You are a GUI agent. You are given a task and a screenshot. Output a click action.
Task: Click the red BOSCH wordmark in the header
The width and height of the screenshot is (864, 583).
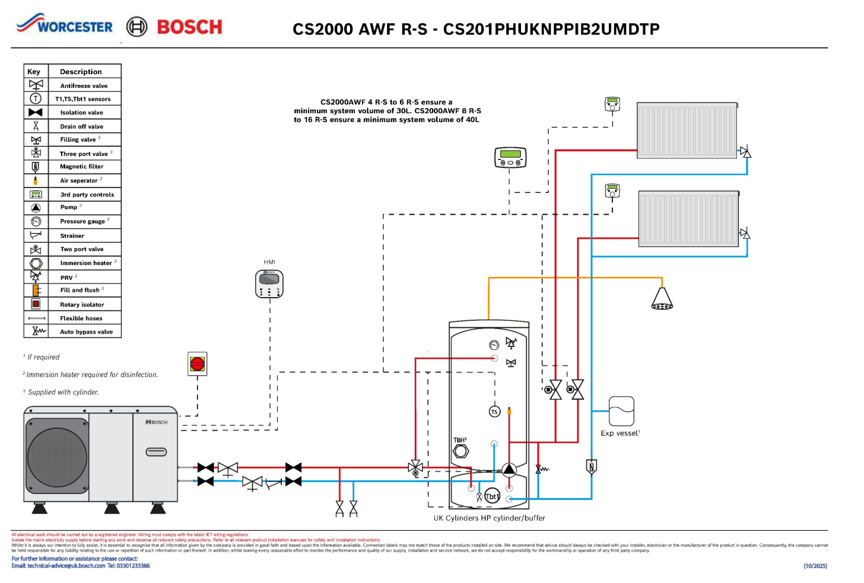(x=189, y=27)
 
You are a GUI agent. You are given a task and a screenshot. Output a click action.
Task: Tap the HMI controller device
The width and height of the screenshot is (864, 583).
(x=269, y=283)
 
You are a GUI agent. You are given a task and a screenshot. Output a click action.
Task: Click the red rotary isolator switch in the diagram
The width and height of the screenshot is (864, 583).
(x=198, y=364)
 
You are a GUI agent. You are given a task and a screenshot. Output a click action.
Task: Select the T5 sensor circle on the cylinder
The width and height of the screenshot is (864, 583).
(x=494, y=412)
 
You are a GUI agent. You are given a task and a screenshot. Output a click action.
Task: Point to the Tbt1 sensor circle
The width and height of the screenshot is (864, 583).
(x=492, y=496)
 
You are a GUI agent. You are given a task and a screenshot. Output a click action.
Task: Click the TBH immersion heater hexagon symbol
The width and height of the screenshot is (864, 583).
(x=460, y=451)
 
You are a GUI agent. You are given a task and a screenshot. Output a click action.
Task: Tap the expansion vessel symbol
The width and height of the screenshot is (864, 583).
(x=621, y=411)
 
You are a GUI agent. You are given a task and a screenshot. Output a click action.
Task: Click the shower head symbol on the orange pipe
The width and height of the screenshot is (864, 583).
(x=662, y=299)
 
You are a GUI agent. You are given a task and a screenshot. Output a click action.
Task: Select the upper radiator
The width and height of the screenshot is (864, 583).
(x=687, y=130)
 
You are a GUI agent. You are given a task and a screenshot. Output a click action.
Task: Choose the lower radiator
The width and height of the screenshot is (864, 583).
(x=688, y=218)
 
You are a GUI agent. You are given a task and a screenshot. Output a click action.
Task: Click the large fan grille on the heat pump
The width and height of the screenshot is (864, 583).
(x=58, y=457)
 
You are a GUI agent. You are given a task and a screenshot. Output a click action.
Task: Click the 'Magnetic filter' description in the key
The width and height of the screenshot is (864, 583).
(x=81, y=167)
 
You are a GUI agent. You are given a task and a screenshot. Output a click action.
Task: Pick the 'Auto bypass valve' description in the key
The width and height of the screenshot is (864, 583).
(x=86, y=332)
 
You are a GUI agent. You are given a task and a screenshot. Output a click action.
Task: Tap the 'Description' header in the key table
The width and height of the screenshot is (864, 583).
(x=81, y=72)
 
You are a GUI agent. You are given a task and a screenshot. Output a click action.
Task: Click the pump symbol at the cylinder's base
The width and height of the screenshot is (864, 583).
(x=509, y=470)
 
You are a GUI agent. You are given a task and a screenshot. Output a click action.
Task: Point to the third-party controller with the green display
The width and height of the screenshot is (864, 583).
(x=510, y=157)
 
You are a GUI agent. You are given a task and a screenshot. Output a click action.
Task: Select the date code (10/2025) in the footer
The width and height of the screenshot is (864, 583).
(x=815, y=566)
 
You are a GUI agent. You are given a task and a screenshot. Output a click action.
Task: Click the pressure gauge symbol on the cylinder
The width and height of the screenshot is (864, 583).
(x=494, y=345)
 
